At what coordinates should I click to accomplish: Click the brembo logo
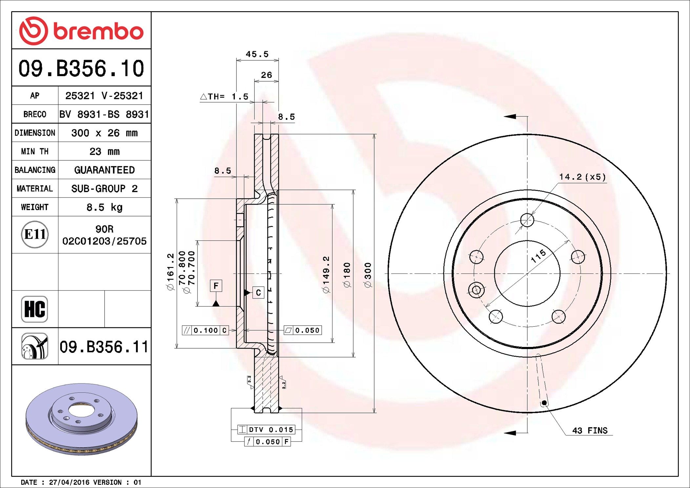point(81,31)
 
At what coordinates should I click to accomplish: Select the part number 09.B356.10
point(81,68)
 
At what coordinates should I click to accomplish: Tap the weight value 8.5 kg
point(104,207)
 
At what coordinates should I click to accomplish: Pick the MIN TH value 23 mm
point(104,152)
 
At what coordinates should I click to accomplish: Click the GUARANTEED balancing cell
point(104,170)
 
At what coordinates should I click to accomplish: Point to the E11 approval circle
point(35,234)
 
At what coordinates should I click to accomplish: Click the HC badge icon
point(34,309)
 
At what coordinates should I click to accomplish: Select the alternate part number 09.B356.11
point(104,347)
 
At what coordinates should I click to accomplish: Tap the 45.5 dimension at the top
point(257,54)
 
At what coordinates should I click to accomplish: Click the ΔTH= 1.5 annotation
point(224,96)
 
